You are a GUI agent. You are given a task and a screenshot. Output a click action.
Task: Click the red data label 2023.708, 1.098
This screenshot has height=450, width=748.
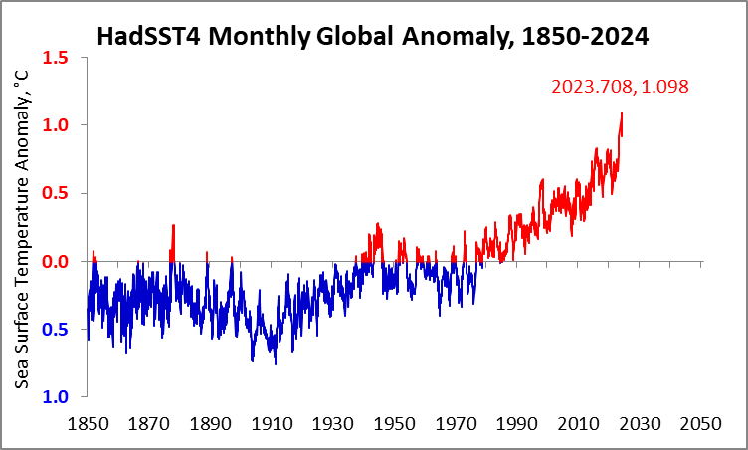(620, 87)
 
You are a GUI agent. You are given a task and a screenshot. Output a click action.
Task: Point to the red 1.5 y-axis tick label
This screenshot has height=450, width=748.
(55, 57)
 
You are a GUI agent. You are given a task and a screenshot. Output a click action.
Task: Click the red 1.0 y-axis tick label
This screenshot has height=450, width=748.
(55, 125)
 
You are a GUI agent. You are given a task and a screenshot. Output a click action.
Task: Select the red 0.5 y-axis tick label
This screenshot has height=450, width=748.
(55, 193)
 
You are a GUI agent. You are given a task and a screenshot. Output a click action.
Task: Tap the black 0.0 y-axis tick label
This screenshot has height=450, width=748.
(55, 262)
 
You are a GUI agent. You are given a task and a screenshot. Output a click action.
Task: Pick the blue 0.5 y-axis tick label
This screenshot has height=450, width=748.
(55, 330)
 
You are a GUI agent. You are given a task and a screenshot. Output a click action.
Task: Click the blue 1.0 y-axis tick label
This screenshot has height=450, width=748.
(55, 398)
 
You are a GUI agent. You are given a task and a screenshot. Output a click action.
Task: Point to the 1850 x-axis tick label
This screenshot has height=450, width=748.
(87, 423)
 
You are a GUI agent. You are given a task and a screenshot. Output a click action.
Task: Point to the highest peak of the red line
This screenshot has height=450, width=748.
(622, 112)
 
